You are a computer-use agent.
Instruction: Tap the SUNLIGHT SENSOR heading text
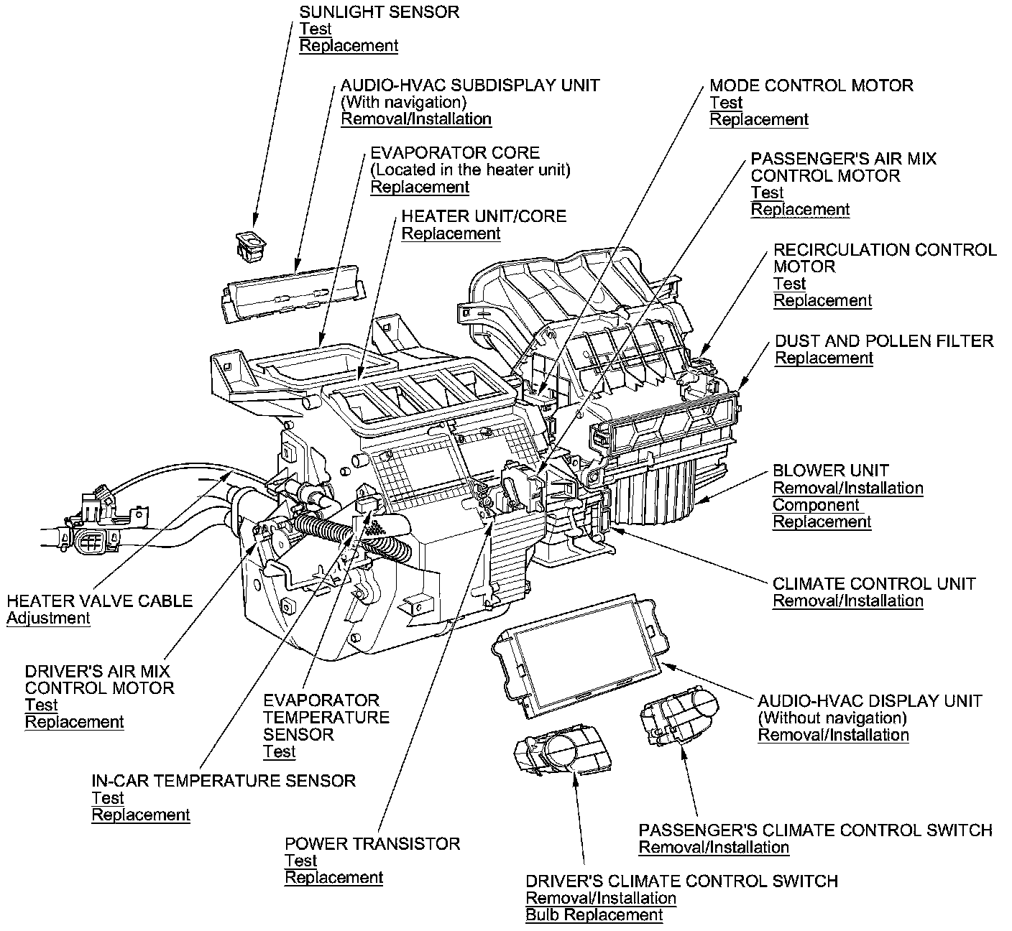pyautogui.click(x=379, y=12)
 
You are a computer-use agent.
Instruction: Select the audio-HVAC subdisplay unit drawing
pyautogui.click(x=291, y=292)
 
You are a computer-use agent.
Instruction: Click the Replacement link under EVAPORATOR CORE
pyautogui.click(x=420, y=187)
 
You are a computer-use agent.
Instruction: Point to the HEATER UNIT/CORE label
pyautogui.click(x=484, y=216)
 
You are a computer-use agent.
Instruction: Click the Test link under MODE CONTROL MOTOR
pyautogui.click(x=726, y=103)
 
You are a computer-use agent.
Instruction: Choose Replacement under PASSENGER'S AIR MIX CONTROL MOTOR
pyautogui.click(x=800, y=210)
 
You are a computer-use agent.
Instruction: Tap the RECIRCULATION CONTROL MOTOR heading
pyautogui.click(x=884, y=258)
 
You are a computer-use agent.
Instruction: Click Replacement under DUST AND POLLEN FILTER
pyautogui.click(x=824, y=358)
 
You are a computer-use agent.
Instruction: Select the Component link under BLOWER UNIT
pyautogui.click(x=816, y=505)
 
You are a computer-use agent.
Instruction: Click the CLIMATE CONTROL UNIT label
pyautogui.click(x=874, y=583)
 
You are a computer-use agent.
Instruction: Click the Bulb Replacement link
pyautogui.click(x=594, y=915)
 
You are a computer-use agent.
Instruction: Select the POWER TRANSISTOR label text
pyautogui.click(x=372, y=843)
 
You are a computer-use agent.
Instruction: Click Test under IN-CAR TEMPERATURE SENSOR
pyautogui.click(x=108, y=798)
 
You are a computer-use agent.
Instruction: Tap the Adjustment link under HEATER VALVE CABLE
pyautogui.click(x=48, y=619)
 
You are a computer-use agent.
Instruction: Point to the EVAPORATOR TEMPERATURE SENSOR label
pyautogui.click(x=326, y=717)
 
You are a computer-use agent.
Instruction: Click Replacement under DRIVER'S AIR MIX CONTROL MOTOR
pyautogui.click(x=75, y=723)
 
